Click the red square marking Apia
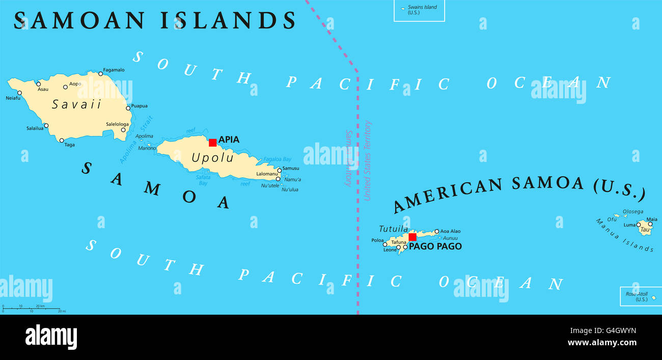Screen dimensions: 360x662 pos(212,143)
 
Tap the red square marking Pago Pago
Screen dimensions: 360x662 pos(412,237)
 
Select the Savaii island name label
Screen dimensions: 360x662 pos(76,104)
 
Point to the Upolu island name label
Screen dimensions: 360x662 pos(212,158)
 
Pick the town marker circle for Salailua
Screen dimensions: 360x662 pos(46,125)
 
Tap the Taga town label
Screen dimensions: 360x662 pos(70,145)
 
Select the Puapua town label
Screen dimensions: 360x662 pos(139,106)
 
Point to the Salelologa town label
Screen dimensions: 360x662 pos(118,124)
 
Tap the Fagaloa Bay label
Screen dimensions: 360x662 pos(277,159)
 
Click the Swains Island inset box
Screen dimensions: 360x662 pos(419,10)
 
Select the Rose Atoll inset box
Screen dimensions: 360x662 pos(641,296)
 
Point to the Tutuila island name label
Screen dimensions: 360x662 pos(393,229)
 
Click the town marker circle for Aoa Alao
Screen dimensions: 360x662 pos(436,231)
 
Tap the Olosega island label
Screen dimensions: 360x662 pos(633,212)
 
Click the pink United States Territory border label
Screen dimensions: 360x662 pos(368,160)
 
